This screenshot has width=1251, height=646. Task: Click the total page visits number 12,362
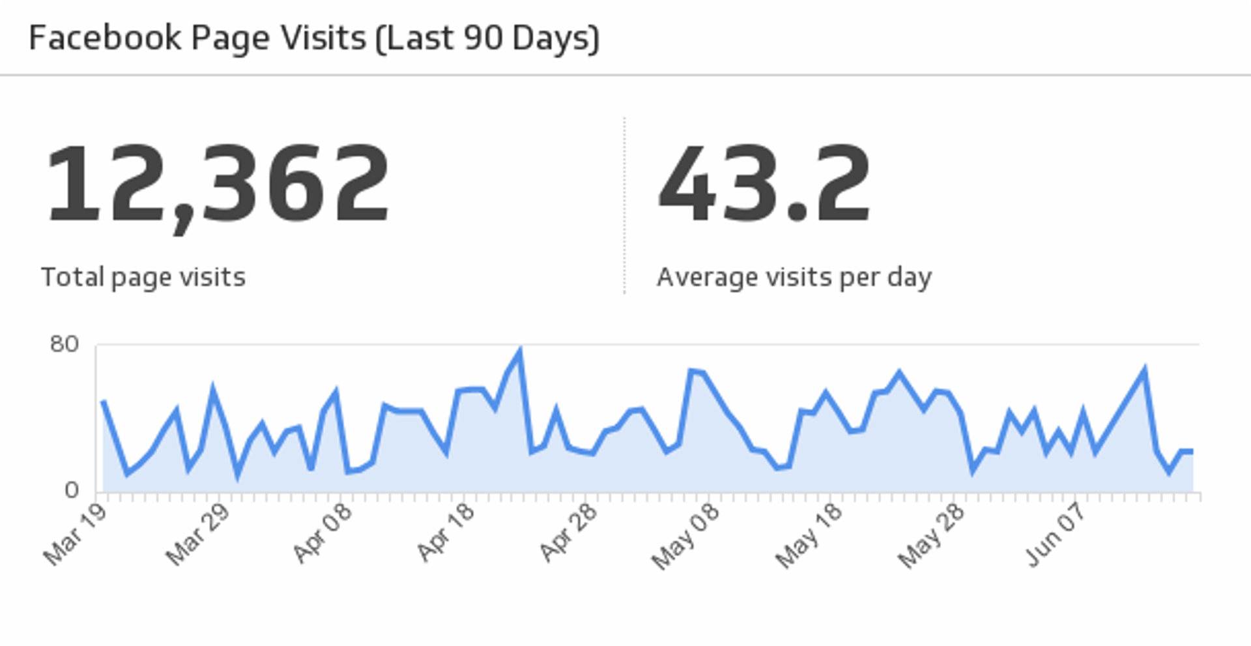[x=218, y=185]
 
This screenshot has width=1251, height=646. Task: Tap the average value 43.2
[x=764, y=185]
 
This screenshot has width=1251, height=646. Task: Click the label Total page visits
[x=143, y=278]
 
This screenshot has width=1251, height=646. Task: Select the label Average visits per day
[x=794, y=278]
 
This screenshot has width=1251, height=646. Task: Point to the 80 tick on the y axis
[x=64, y=344]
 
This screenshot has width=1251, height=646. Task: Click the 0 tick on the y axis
[x=72, y=490]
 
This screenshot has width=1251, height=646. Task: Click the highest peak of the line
[x=520, y=353]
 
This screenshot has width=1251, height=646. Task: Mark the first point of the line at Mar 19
[x=103, y=402]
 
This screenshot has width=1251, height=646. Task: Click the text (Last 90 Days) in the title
[x=487, y=38]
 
